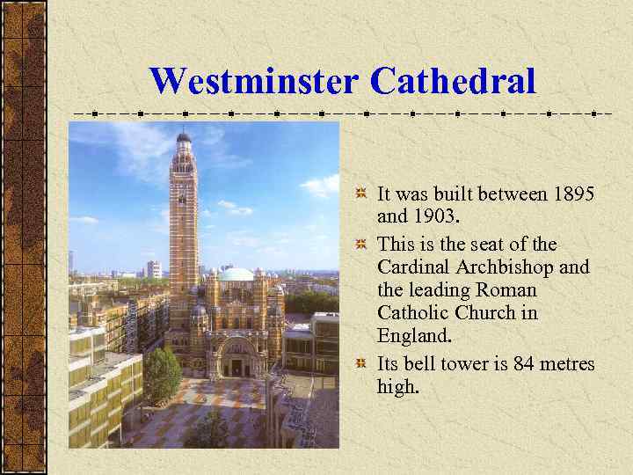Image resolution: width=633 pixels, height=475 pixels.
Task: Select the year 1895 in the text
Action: (574, 193)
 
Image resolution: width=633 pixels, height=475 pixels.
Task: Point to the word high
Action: (397, 386)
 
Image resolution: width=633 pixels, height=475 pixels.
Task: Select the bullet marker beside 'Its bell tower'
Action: (361, 363)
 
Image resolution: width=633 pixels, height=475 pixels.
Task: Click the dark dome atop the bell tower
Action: (183, 138)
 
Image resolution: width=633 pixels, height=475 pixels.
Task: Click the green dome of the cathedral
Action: (235, 274)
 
